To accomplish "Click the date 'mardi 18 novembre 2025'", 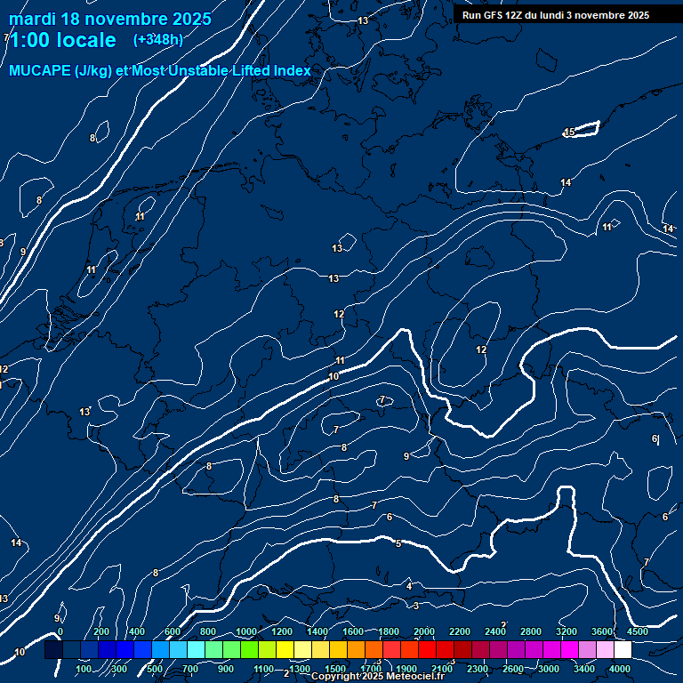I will pos(110,19).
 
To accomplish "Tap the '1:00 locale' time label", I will pos(62,40).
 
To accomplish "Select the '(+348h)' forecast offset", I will pos(157,40).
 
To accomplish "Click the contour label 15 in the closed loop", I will pos(569,133).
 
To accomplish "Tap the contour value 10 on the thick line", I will pos(333,377).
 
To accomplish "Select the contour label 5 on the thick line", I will pos(398,543).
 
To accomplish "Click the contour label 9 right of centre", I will pos(406,456).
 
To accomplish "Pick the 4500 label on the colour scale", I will pos(638,631).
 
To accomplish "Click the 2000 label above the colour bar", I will pos(424,631).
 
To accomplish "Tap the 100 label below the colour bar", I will pos(84,669).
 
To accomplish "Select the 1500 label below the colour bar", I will pos(335,669).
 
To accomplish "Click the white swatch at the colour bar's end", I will pos(623,650).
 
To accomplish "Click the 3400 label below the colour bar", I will pos(584,669).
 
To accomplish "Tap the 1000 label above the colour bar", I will pos(246,631).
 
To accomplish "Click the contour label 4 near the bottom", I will pos(409,586).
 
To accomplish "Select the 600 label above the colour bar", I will pos(173,631).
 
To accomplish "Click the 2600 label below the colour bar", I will pos(513,669).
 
